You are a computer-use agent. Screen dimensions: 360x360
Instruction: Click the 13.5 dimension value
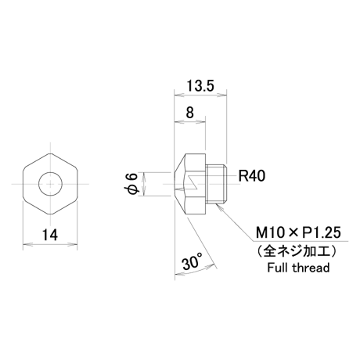pyautogui.click(x=200, y=86)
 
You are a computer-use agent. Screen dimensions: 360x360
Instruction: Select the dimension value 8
pyautogui.click(x=190, y=113)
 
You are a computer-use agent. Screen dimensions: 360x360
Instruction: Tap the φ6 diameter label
pyautogui.click(x=132, y=184)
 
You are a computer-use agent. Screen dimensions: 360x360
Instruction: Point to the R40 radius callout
pyautogui.click(x=252, y=176)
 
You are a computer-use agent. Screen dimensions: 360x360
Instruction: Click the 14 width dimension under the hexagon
pyautogui.click(x=50, y=235)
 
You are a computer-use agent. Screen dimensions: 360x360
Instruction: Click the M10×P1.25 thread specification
pyautogui.click(x=298, y=232)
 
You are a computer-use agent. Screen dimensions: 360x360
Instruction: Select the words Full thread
pyautogui.click(x=298, y=268)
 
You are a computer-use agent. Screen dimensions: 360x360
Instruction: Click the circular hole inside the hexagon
pyautogui.click(x=50, y=184)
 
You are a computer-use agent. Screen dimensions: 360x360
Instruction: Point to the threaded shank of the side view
pyautogui.click(x=215, y=184)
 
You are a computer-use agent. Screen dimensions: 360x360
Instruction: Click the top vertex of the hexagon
pyautogui.click(x=50, y=153)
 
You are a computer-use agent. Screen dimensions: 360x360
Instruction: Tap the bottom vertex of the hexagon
pyautogui.click(x=50, y=214)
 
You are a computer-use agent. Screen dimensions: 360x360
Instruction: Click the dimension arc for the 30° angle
pyautogui.click(x=196, y=271)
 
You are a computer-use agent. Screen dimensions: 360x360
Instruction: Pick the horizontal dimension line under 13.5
pyautogui.click(x=200, y=95)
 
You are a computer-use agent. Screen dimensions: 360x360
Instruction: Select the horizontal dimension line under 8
pyautogui.click(x=190, y=121)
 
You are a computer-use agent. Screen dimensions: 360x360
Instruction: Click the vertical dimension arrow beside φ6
pyautogui.click(x=144, y=184)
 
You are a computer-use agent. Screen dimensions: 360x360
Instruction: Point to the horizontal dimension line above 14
pyautogui.click(x=50, y=245)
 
